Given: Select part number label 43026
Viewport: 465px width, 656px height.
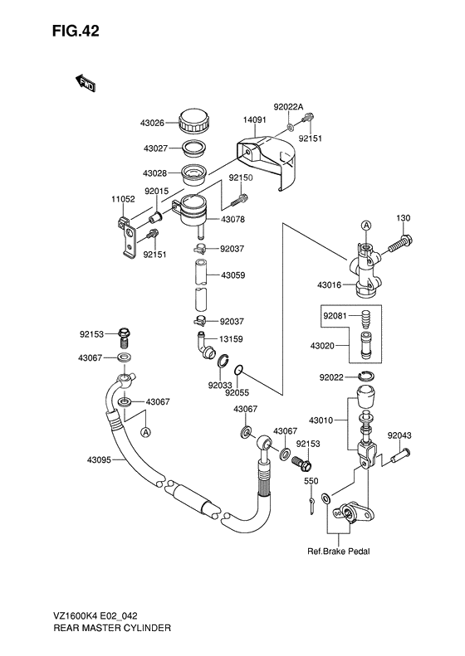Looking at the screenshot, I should (156, 123).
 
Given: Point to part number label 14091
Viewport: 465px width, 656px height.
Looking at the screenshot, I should (254, 120).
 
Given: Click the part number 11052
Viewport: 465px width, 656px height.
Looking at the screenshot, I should (124, 200).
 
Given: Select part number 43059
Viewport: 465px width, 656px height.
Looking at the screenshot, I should (233, 275).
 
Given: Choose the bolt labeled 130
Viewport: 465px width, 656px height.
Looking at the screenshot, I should (403, 218).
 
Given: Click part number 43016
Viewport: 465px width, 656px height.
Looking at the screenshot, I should (330, 285).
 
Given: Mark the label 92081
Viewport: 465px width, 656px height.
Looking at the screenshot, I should (335, 315).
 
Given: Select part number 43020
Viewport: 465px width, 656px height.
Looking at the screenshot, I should (335, 345).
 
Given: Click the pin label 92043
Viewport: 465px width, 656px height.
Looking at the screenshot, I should (399, 434).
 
